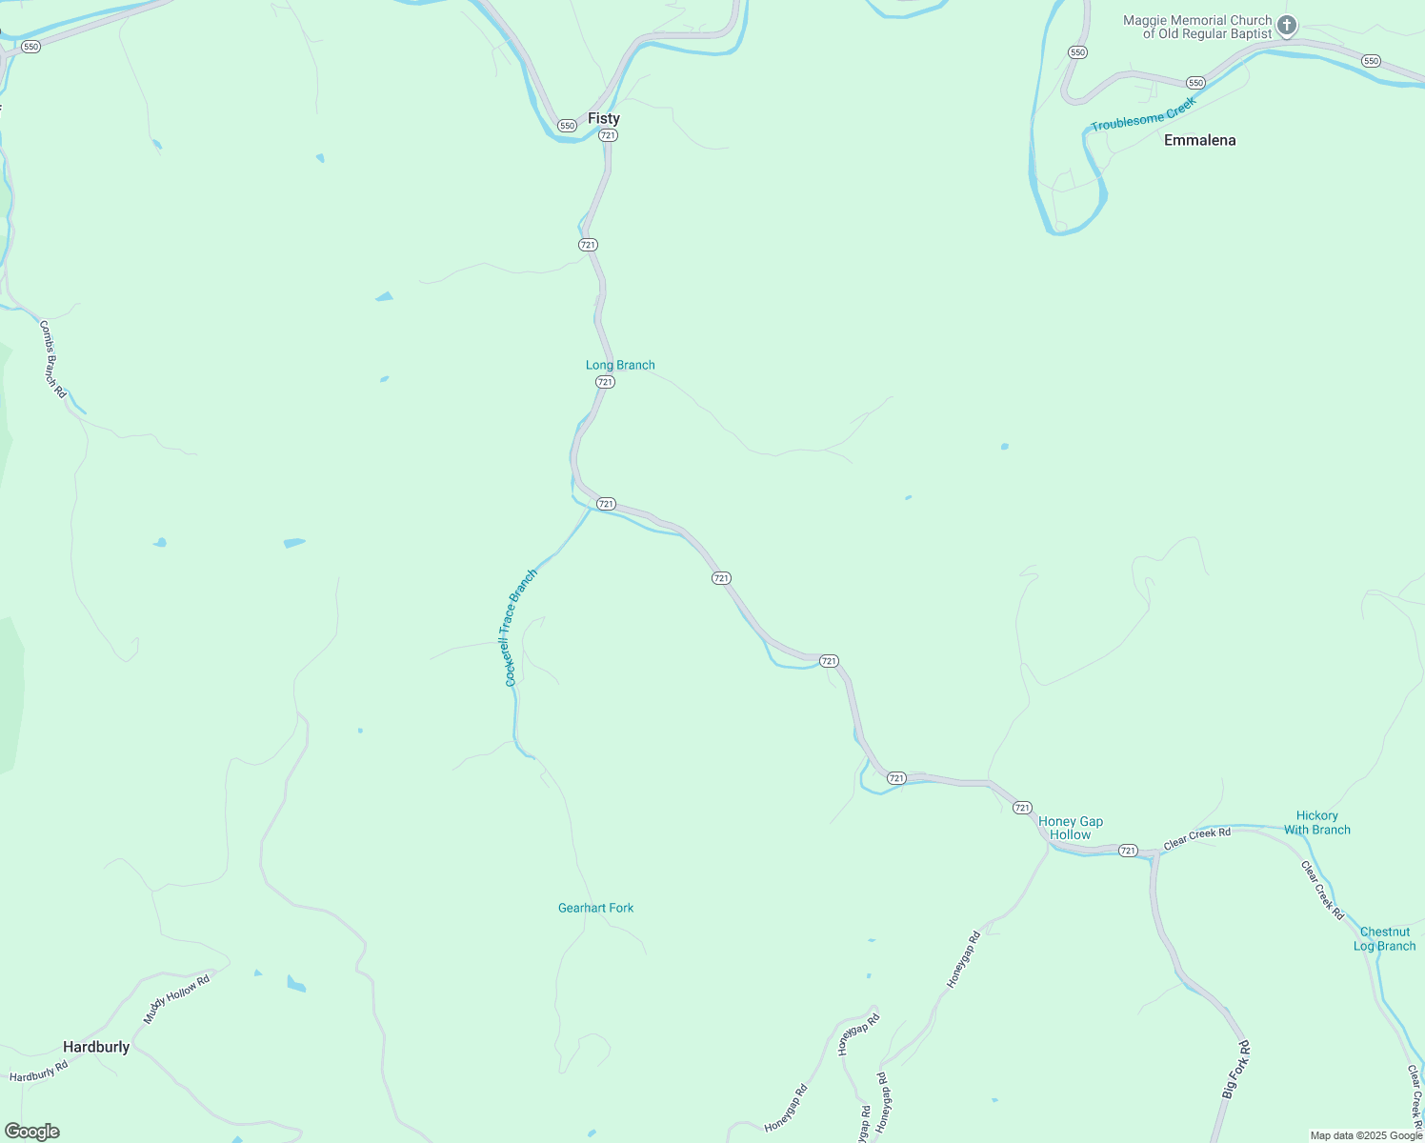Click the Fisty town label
pos(603,119)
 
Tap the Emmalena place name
pos(1199,140)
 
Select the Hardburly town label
pos(96,1047)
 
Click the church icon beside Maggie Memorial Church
pos(1287,26)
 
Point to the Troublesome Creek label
pos(1142,114)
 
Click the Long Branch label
pos(620,365)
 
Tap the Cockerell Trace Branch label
pos(520,628)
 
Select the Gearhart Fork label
pos(595,908)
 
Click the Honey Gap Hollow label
pos(1071,828)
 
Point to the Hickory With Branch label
pos(1316,822)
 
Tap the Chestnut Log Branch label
pos(1384,938)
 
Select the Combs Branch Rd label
pos(53,358)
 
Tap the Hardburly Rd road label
pos(39,1072)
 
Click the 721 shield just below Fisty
pos(608,135)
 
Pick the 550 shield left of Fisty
pos(567,126)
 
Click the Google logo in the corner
pos(32,1132)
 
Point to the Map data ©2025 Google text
pos(1365,1135)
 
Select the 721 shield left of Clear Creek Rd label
pos(1128,850)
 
